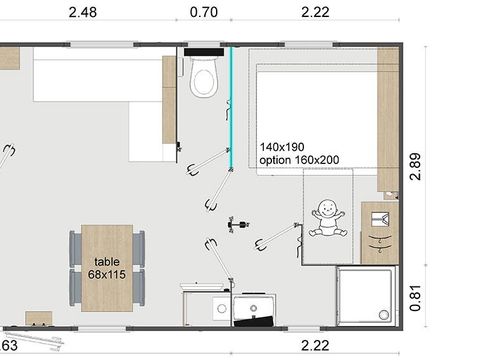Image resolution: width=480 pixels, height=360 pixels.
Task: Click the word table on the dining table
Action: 108,261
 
